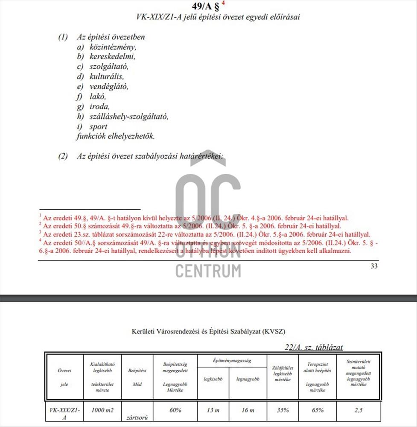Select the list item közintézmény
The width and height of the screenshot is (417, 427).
pos(113,47)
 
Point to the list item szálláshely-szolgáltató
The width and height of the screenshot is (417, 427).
pos(128,117)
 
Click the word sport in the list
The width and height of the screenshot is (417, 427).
pos(98,127)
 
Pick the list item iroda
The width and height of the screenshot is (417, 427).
pos(99,107)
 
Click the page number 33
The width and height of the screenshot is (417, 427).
pos(374,266)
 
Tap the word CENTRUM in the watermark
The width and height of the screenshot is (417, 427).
pos(208,271)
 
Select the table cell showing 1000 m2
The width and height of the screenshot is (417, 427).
pos(102,410)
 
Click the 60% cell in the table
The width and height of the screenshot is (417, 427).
pos(175,410)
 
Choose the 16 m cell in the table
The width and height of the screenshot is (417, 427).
pos(248,410)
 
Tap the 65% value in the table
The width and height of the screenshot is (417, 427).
pos(318,410)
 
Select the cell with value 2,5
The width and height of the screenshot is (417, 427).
pos(358,410)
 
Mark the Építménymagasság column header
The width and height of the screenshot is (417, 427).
pos(232,361)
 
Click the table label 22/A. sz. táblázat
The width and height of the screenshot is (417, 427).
pos(314,348)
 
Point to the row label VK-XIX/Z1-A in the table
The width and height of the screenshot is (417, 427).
pos(64,413)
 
